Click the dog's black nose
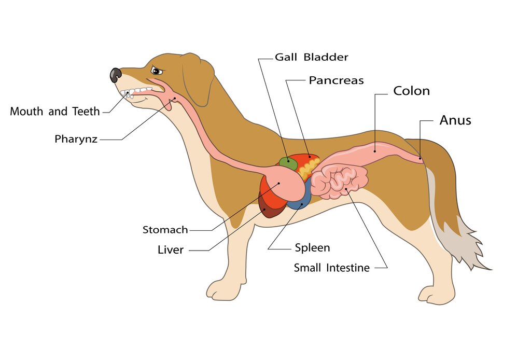(116, 75)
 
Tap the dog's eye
(157, 71)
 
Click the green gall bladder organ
(288, 163)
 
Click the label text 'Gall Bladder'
(311, 57)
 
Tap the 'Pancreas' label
(336, 80)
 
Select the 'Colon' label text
(411, 91)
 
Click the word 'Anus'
(455, 120)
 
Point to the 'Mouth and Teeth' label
(55, 111)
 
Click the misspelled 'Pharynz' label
(76, 139)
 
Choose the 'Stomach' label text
(165, 230)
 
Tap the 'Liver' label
(170, 250)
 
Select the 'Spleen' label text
(312, 247)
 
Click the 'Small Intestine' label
(331, 268)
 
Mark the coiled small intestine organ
(339, 181)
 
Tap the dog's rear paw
(435, 295)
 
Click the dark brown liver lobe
(269, 207)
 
